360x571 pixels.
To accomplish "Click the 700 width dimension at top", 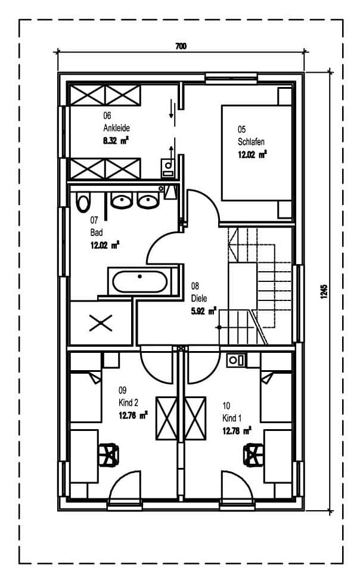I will pos(181,46).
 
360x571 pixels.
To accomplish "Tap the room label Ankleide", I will pos(116,128).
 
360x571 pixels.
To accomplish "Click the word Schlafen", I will pos(251,142).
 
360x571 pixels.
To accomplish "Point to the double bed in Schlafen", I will pos(256,153).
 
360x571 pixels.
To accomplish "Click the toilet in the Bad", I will pos(83,202).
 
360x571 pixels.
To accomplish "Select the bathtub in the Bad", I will pos(140,281).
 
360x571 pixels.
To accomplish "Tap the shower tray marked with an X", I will pos(100,323).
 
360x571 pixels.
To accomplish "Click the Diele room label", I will pos(199,299).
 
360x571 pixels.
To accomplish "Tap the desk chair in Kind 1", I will pos(253,455).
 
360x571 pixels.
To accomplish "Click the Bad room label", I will pos(97,232).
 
